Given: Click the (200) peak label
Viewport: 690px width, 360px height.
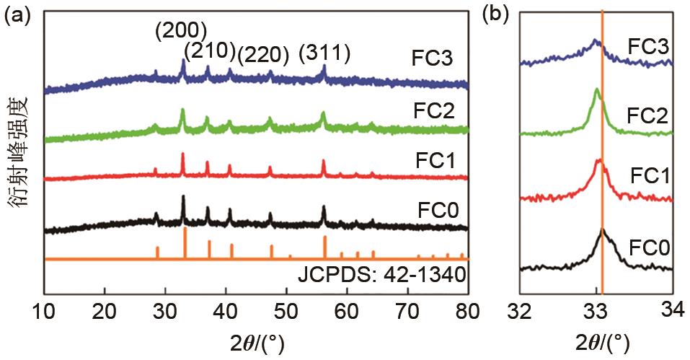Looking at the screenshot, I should (181, 30).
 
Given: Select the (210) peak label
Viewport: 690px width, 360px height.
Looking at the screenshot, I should (210, 51).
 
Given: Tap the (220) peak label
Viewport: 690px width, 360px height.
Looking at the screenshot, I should (264, 53).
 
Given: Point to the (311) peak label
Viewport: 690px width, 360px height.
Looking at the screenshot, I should (325, 53).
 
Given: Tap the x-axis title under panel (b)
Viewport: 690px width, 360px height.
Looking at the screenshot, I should (596, 340).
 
